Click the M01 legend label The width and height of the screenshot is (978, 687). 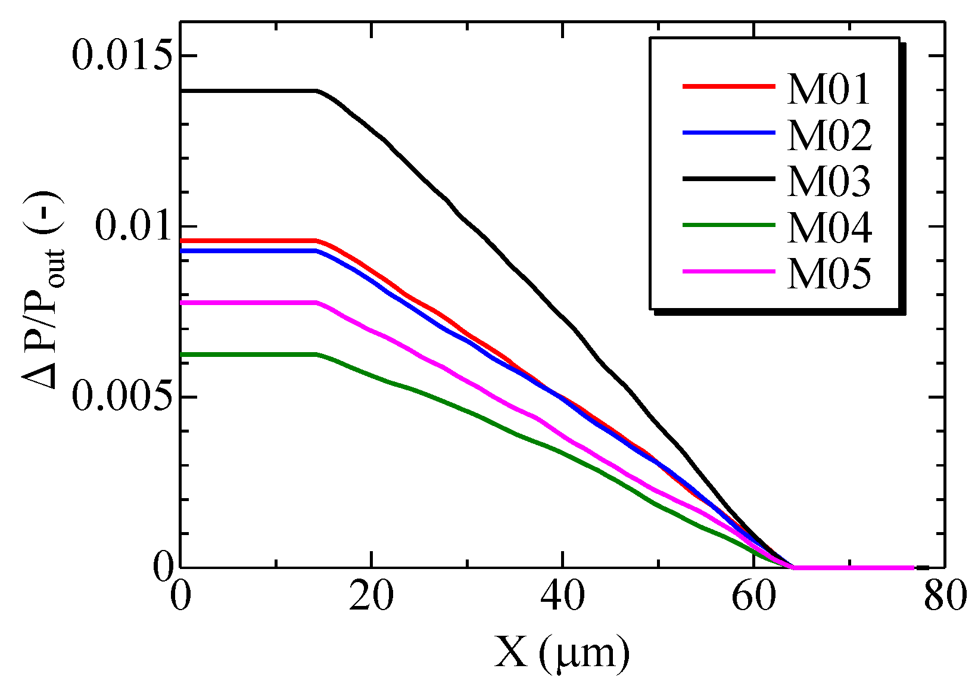[829, 90]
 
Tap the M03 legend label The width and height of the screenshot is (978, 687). [829, 182]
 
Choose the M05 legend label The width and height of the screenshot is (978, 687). [829, 274]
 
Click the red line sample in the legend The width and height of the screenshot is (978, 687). [728, 86]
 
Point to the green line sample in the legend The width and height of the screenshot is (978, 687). [728, 225]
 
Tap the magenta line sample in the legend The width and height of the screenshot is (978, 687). [728, 271]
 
